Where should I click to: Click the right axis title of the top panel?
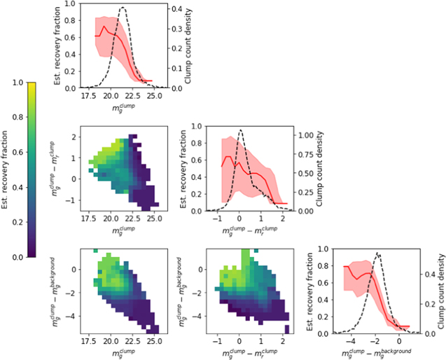(188, 44)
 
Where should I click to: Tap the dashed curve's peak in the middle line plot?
(240, 130)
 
